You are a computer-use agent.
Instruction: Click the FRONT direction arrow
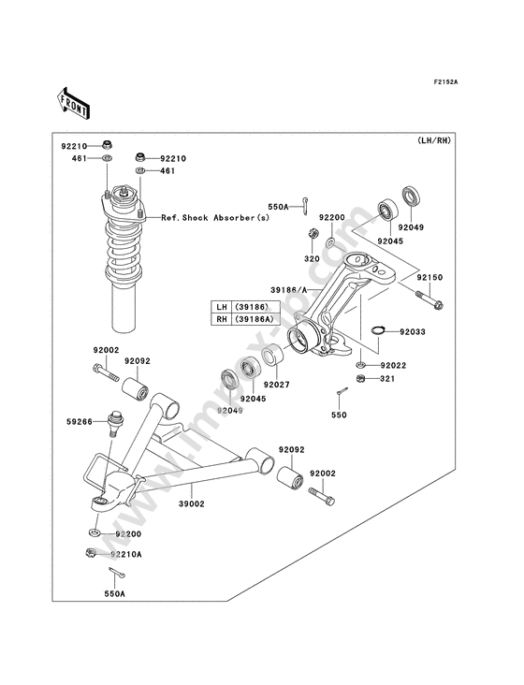coord(73,103)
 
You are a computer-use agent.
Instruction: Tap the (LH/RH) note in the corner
coord(433,140)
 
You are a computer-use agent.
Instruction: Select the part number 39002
coord(191,503)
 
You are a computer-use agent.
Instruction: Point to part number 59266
coord(80,421)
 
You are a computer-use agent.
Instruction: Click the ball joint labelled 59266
coord(115,423)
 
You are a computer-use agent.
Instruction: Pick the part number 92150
coord(429,277)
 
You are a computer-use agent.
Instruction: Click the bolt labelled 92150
coord(429,299)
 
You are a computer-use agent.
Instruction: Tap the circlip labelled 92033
coord(378,329)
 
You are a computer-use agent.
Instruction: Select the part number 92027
coord(276,385)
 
